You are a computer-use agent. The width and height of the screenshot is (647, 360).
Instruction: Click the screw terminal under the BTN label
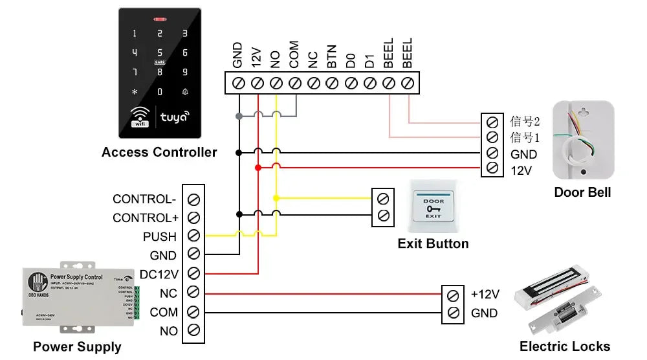tap(333, 83)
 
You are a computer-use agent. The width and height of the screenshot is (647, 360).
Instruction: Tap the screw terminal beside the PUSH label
tap(193, 236)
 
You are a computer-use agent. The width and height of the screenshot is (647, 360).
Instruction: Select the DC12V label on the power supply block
tap(159, 275)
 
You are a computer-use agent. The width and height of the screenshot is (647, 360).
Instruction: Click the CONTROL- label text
tap(144, 199)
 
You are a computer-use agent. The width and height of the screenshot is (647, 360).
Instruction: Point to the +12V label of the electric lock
tap(485, 295)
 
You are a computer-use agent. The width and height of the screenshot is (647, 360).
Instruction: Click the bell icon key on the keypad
tap(185, 92)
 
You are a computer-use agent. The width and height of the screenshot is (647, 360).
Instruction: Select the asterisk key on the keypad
tap(135, 92)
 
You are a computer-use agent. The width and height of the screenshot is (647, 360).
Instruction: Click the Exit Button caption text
tap(433, 244)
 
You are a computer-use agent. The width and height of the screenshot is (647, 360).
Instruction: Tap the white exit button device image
tap(433, 207)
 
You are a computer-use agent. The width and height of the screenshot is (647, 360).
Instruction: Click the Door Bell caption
tap(582, 192)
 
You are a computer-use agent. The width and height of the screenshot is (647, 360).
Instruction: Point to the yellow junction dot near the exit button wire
tap(276, 198)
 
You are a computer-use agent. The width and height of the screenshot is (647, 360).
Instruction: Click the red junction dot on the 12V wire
tap(258, 168)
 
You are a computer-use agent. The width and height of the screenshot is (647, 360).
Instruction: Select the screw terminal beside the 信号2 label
tap(492, 122)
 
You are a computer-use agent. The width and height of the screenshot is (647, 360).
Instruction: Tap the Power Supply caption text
tap(77, 347)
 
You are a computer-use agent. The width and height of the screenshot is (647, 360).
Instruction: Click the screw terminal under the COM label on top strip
tap(295, 83)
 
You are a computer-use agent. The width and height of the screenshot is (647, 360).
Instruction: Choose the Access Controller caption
tap(159, 153)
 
